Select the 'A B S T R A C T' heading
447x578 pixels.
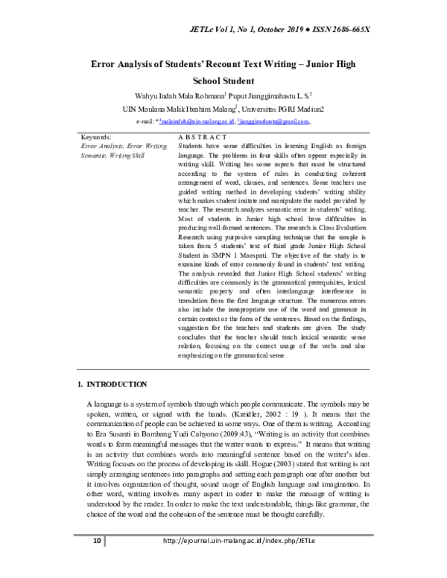(203, 138)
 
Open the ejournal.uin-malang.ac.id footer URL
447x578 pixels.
(244, 559)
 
